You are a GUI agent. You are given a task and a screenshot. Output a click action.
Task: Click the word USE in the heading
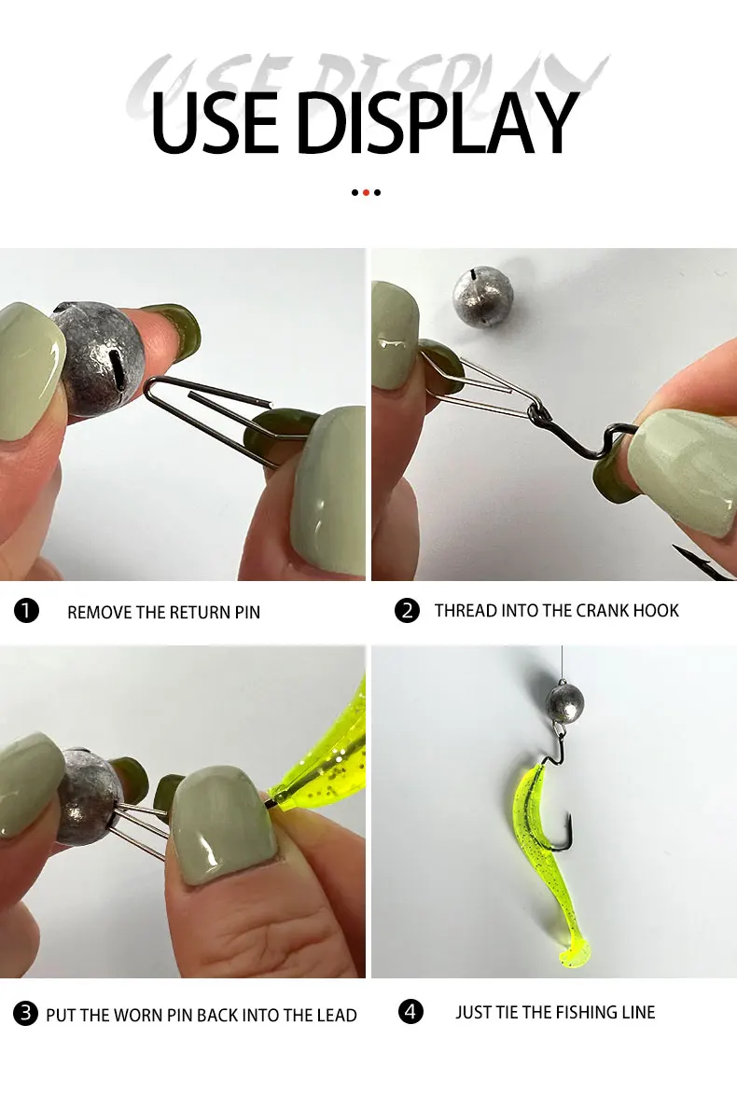pyautogui.click(x=215, y=123)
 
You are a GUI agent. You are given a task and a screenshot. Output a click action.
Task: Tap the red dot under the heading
pyautogui.click(x=366, y=192)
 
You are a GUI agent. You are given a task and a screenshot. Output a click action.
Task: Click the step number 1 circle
pyautogui.click(x=26, y=611)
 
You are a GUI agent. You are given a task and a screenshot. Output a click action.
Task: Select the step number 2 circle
pyautogui.click(x=407, y=611)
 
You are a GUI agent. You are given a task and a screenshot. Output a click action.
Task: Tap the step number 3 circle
pyautogui.click(x=26, y=1012)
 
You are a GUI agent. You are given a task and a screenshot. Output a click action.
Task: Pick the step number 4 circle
pyautogui.click(x=410, y=1011)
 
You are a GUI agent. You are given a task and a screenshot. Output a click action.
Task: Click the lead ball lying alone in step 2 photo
pyautogui.click(x=483, y=295)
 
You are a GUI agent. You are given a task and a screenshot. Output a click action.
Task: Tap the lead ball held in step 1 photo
pyautogui.click(x=98, y=359)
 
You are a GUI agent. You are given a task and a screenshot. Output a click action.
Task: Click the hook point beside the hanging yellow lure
pyautogui.click(x=569, y=816)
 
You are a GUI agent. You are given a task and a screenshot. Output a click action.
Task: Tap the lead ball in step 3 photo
pyautogui.click(x=87, y=796)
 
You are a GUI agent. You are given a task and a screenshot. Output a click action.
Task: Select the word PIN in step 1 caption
pyautogui.click(x=248, y=613)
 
